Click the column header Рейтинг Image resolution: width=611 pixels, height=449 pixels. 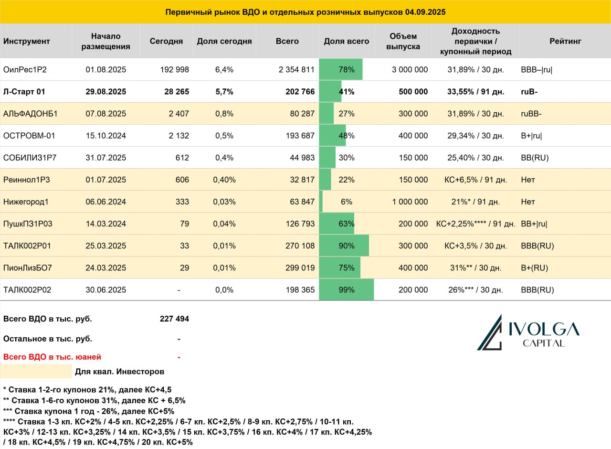[565, 41]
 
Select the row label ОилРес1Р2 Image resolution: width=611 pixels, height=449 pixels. [25, 70]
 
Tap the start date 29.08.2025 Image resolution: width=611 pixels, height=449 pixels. [106, 91]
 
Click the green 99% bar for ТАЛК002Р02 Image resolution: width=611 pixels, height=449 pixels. [347, 289]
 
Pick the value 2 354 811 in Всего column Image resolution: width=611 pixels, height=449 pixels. [296, 70]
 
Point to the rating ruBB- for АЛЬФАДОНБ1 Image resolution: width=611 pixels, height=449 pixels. [531, 114]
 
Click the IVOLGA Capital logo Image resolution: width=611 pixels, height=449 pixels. [528, 332]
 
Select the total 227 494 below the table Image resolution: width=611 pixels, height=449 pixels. [174, 319]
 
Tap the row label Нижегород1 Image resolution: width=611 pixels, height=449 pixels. [26, 202]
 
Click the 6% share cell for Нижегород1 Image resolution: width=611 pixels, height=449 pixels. [347, 202]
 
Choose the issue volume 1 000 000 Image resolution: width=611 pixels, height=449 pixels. [410, 202]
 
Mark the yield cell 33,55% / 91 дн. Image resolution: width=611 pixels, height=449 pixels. [475, 91]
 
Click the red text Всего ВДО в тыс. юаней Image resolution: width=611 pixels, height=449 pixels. [52, 357]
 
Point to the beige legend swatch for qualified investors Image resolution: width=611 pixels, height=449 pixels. [36, 371]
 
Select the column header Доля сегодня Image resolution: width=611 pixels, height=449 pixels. [224, 41]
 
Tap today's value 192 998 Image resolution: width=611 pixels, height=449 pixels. [174, 70]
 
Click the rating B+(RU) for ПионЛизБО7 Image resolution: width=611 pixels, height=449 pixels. [534, 268]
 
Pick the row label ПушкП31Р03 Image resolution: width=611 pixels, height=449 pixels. [28, 224]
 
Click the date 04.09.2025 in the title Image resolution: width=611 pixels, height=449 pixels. [425, 12]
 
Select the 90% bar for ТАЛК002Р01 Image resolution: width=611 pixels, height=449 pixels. [344, 246]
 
